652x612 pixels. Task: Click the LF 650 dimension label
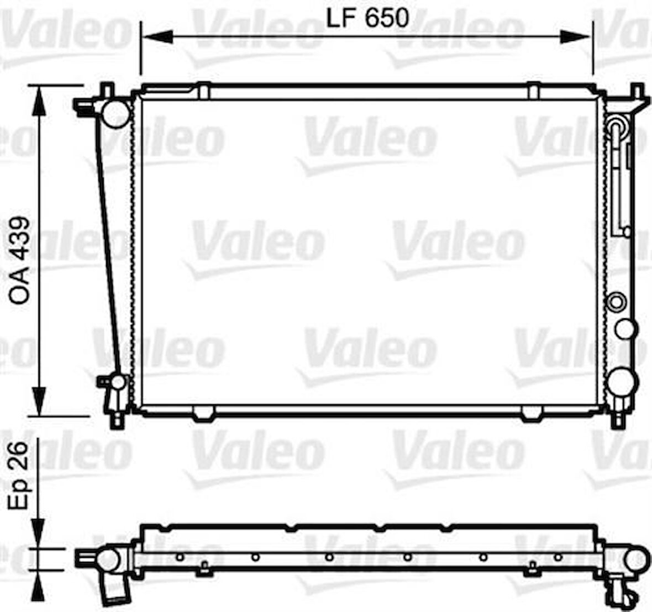(367, 18)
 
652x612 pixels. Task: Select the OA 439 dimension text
(20, 260)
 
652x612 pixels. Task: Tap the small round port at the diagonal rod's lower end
(118, 382)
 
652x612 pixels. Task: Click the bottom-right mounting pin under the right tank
(617, 419)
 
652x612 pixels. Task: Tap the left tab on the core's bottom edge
(203, 413)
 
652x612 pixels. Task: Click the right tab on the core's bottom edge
(532, 413)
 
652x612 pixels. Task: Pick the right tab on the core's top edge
(533, 91)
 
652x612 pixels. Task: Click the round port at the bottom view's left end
(107, 560)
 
